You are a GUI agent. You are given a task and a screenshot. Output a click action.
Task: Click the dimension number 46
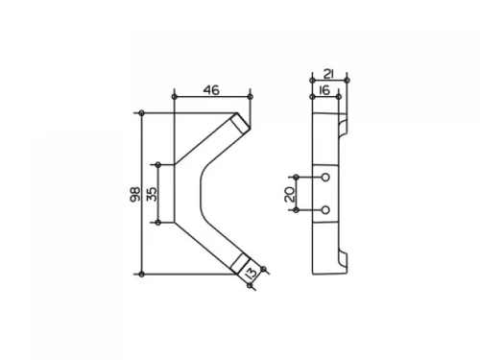[211, 90]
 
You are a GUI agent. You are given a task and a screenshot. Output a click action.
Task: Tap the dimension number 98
[135, 194]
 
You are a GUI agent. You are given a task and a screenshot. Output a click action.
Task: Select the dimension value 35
[153, 194]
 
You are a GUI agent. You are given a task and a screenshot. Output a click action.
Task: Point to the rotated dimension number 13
[252, 273]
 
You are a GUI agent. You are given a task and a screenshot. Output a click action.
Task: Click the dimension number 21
[328, 74]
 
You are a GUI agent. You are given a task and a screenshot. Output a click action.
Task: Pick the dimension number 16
[324, 90]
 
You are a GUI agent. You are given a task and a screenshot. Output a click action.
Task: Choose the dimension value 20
[290, 194]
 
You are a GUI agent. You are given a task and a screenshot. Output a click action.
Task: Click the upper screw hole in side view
[325, 178]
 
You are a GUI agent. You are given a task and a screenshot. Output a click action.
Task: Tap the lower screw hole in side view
[325, 210]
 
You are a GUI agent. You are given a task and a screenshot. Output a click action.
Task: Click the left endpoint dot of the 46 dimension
[174, 97]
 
